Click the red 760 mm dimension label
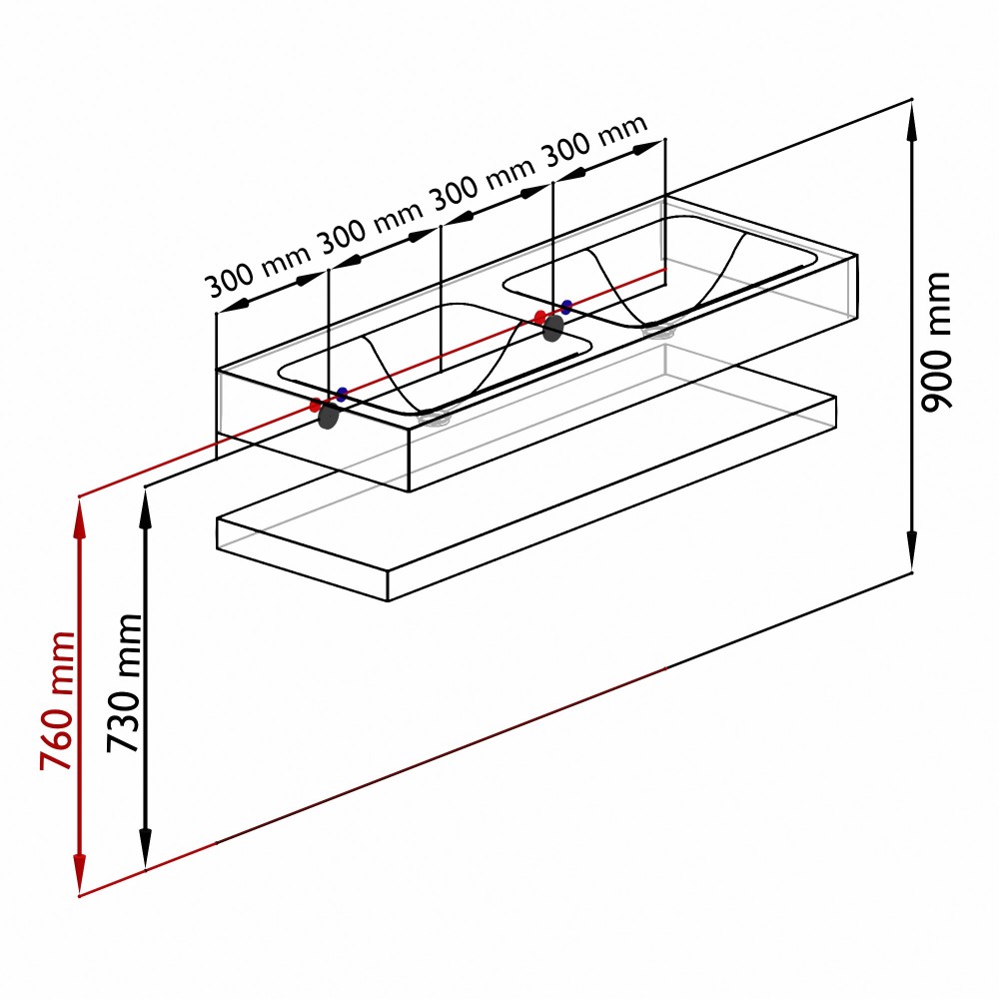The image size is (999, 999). coord(57,701)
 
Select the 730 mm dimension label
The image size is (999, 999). coord(124,683)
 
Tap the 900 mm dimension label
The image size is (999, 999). coord(936,342)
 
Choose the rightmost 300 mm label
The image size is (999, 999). coord(594,141)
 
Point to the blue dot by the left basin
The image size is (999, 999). coord(342,394)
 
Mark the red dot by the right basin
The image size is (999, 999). coord(540,318)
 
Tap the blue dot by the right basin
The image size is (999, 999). coord(566,307)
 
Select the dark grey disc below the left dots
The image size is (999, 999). coord(328,416)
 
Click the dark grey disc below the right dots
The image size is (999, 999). coord(553,328)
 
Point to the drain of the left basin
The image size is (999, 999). coord(435,418)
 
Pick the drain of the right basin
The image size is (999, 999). coord(658,330)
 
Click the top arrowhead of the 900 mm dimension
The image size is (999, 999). coord(912,121)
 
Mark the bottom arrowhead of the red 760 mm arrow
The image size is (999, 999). coord(80,874)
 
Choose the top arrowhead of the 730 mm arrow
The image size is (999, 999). coord(146,509)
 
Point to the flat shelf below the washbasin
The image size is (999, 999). coord(526,497)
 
